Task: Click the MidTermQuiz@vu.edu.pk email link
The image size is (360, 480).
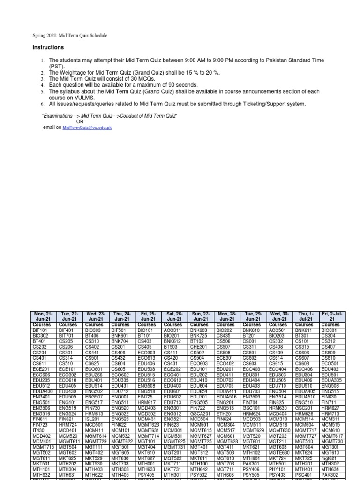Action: click(x=87, y=127)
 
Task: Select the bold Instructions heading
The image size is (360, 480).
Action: click(x=48, y=48)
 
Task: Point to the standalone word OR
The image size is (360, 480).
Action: click(x=80, y=121)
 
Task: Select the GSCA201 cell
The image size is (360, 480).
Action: click(x=199, y=414)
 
